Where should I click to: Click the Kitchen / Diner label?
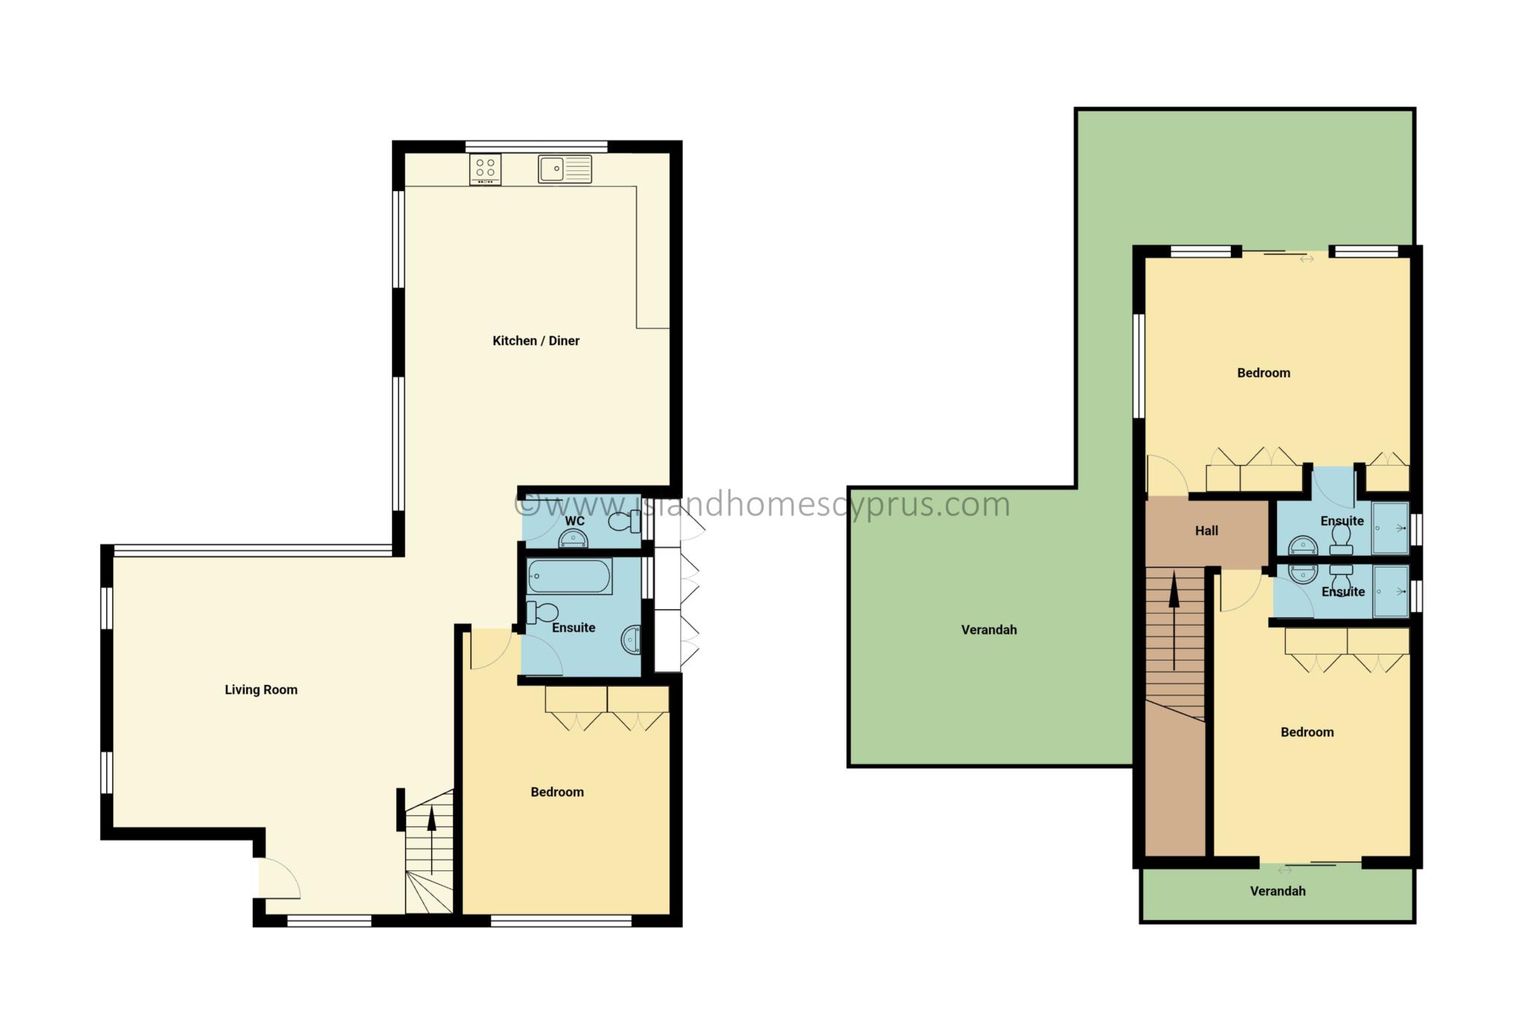pos(535,341)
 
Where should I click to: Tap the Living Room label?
pos(261,690)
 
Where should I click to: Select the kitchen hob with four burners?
pos(485,169)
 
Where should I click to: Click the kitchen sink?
pos(565,169)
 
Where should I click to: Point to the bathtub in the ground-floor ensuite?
pos(570,576)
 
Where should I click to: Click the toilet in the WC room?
pos(623,523)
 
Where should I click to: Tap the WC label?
pos(575,521)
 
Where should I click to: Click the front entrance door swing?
pos(280,878)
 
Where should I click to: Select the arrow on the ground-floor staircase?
pos(431,841)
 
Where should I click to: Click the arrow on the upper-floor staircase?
pos(1174,620)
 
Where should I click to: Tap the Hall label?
pos(1207,530)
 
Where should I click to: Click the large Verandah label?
pos(989,630)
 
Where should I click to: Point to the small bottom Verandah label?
pos(1278,891)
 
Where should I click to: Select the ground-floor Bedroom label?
pos(557,792)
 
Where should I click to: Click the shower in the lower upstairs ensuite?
pos(1390,591)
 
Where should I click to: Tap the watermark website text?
pos(762,504)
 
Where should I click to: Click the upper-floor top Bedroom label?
pos(1263,373)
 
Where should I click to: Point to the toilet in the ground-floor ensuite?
pos(542,612)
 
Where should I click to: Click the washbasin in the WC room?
pos(573,539)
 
